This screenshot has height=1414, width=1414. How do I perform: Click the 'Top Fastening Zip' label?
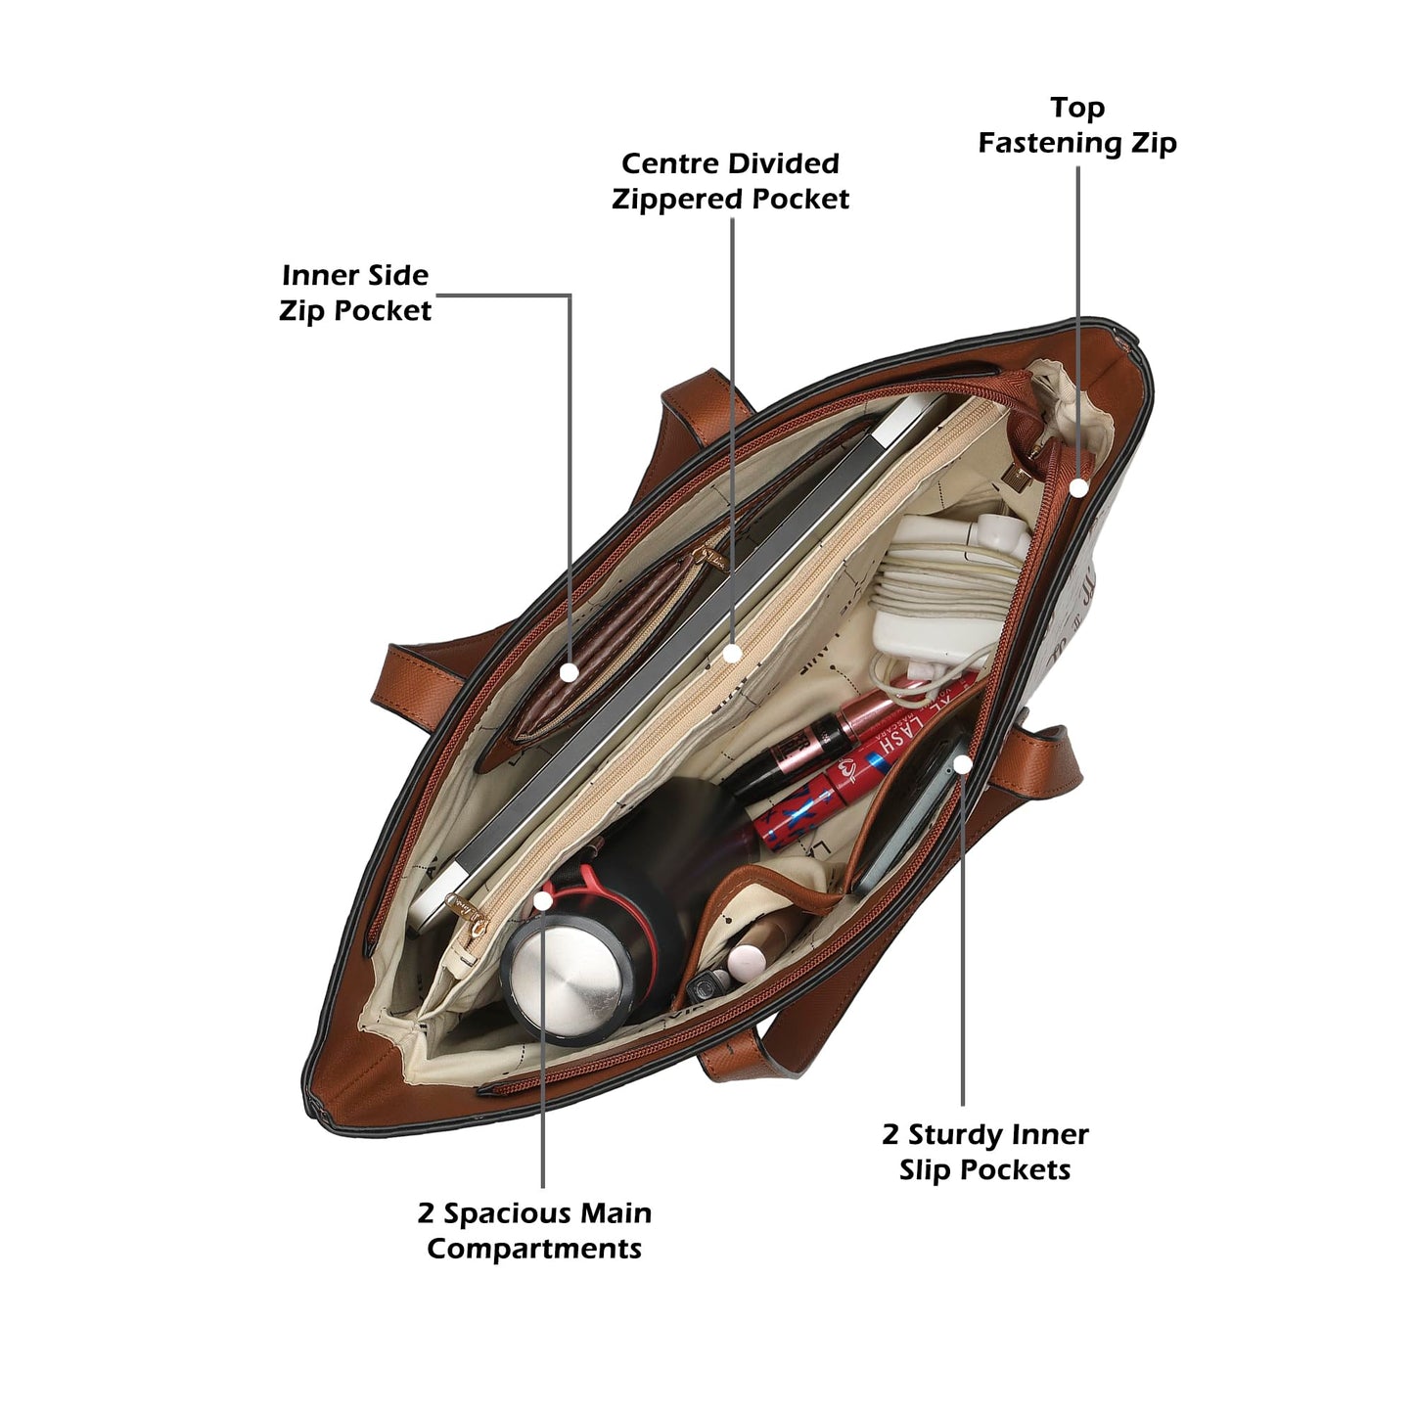pyautogui.click(x=1077, y=125)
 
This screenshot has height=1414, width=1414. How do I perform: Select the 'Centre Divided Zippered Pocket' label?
pyautogui.click(x=730, y=181)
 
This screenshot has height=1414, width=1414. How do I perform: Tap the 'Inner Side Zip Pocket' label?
pyautogui.click(x=355, y=293)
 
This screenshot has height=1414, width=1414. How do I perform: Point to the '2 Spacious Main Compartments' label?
pyautogui.click(x=534, y=1230)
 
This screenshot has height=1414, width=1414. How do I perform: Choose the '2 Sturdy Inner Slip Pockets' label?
pyautogui.click(x=985, y=1152)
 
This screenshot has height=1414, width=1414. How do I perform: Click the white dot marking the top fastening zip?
pyautogui.click(x=1078, y=486)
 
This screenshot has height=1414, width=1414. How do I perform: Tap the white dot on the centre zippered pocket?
pyautogui.click(x=732, y=653)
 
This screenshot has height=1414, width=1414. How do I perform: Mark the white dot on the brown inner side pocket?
pyautogui.click(x=569, y=672)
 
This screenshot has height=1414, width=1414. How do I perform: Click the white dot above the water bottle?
pyautogui.click(x=543, y=900)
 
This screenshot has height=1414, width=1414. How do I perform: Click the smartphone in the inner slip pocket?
pyautogui.click(x=910, y=812)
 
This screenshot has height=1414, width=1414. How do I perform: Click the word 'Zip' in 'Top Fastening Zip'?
pyautogui.click(x=1155, y=143)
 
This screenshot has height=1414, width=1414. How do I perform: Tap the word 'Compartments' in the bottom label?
pyautogui.click(x=534, y=1249)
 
